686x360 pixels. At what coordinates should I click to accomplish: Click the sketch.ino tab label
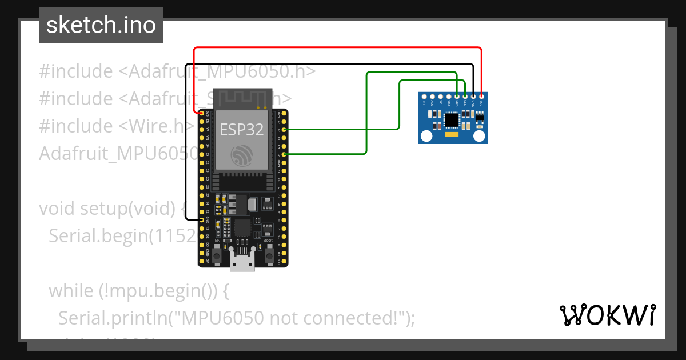[101, 25]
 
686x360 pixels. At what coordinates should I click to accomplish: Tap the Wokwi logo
[607, 315]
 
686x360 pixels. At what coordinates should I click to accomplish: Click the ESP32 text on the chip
[242, 130]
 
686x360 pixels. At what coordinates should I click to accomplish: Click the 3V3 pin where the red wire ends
[202, 114]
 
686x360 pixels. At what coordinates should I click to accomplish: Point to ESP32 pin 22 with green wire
[284, 130]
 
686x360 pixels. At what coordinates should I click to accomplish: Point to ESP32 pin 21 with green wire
[284, 154]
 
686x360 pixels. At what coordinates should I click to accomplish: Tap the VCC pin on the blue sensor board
[481, 97]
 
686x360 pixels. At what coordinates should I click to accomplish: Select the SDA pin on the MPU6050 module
[457, 97]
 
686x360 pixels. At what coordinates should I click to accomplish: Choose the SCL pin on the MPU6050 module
[465, 97]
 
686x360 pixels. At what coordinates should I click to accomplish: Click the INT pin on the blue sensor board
[424, 97]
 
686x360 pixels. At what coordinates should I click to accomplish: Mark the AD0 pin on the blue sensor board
[432, 97]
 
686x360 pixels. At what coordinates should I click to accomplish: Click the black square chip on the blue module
[452, 119]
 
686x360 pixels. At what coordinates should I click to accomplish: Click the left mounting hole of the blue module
[426, 136]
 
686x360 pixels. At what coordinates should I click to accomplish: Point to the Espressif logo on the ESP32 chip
[242, 155]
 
